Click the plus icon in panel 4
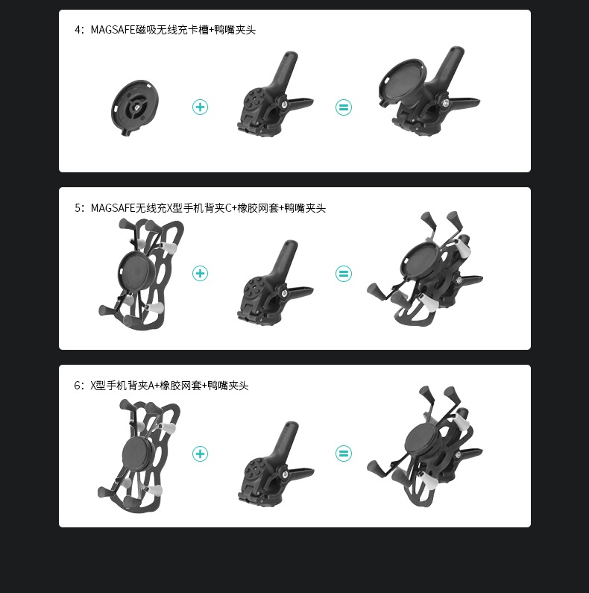point(200,107)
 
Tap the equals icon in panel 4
point(343,107)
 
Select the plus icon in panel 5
point(200,274)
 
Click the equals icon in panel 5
point(343,274)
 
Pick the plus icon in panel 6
point(200,454)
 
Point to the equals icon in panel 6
point(343,454)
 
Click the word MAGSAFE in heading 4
point(113,30)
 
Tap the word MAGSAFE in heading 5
point(113,208)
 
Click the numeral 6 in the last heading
point(77,386)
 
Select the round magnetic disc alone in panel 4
point(135,107)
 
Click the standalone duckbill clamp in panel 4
point(275,92)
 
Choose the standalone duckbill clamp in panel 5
point(275,282)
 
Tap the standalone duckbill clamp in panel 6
point(276,463)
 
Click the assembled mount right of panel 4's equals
point(429,91)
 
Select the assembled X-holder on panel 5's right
point(425,269)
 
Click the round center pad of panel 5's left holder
point(136,272)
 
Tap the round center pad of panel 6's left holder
point(138,453)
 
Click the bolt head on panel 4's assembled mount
point(447,102)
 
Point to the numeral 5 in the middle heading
point(78,208)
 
